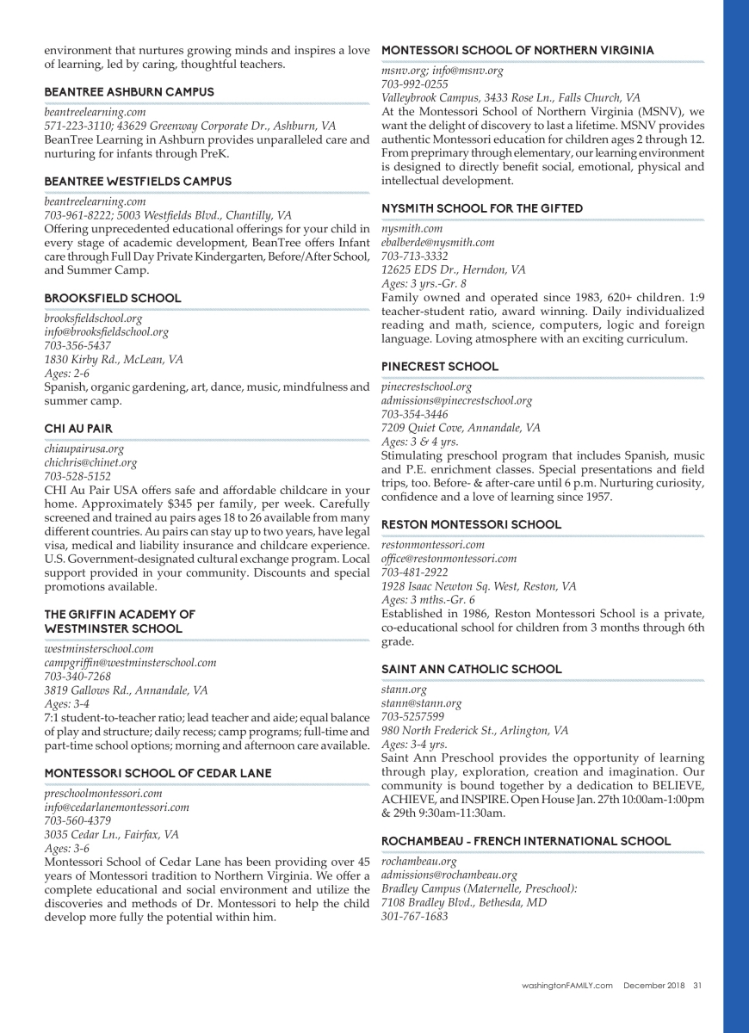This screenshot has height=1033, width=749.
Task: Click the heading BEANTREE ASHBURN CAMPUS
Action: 129,92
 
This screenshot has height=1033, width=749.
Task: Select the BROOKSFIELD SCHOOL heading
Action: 113,298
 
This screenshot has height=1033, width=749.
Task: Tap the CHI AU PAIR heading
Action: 78,429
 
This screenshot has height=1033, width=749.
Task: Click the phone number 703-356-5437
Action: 77,345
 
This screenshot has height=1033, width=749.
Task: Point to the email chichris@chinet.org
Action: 90,462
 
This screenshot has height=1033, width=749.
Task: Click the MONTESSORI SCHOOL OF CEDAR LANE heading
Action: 158,773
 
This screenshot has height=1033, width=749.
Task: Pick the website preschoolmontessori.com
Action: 103,794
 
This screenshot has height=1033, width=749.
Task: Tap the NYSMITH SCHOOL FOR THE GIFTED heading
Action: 482,208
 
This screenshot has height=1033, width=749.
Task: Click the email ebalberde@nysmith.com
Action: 438,243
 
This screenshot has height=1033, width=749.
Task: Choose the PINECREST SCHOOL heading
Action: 440,367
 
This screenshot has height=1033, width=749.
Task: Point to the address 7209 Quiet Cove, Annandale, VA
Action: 461,428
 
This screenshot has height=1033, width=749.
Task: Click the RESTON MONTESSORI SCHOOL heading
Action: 471,524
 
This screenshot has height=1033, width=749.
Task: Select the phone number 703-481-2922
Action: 415,572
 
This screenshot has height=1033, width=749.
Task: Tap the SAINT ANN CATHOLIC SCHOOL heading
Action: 472,669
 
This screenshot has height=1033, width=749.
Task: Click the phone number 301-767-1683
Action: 415,917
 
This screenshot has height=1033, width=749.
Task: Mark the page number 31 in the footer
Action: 697,987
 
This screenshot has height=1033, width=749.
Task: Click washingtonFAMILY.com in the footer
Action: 567,987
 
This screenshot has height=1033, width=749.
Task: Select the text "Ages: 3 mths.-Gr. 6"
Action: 428,600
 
